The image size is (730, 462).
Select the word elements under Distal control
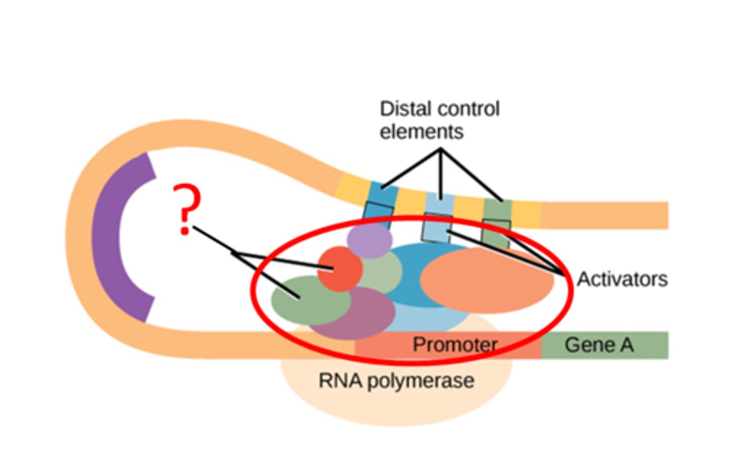tap(421, 132)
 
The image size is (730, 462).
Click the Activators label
tap(622, 279)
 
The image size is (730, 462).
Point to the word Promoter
tap(455, 344)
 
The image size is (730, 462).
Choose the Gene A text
tap(599, 344)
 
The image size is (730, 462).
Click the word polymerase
tap(421, 381)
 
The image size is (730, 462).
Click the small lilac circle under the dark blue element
tap(370, 240)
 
